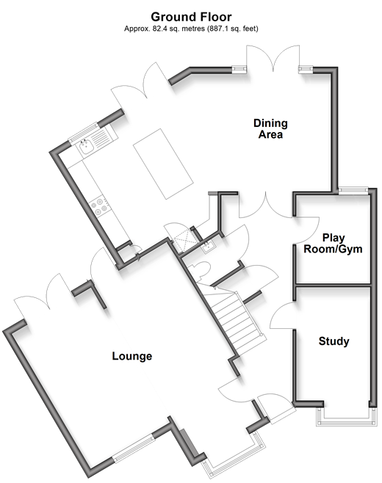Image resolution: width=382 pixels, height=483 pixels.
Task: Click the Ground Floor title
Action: tap(191, 17)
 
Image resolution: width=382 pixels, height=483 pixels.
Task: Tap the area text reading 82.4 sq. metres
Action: tap(179, 29)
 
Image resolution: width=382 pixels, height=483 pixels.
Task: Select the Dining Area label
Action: tap(270, 128)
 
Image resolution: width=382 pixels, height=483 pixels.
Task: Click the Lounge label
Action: tap(132, 356)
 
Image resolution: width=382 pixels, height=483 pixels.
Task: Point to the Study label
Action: tap(334, 341)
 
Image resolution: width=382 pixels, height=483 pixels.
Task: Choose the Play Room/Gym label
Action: tap(333, 244)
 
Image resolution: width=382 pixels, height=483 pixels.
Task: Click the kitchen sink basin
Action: tap(86, 148)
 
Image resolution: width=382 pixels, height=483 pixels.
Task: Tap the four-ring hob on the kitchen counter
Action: tap(100, 206)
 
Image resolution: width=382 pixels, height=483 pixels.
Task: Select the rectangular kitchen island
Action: tap(163, 164)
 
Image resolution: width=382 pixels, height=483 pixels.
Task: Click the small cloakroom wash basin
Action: tap(208, 247)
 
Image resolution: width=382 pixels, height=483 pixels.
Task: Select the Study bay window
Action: tap(346, 417)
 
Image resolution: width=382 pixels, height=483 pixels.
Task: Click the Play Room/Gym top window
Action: tap(353, 190)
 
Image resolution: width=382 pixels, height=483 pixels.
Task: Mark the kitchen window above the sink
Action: tap(84, 133)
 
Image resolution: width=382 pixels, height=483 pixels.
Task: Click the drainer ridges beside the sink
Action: tap(100, 138)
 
